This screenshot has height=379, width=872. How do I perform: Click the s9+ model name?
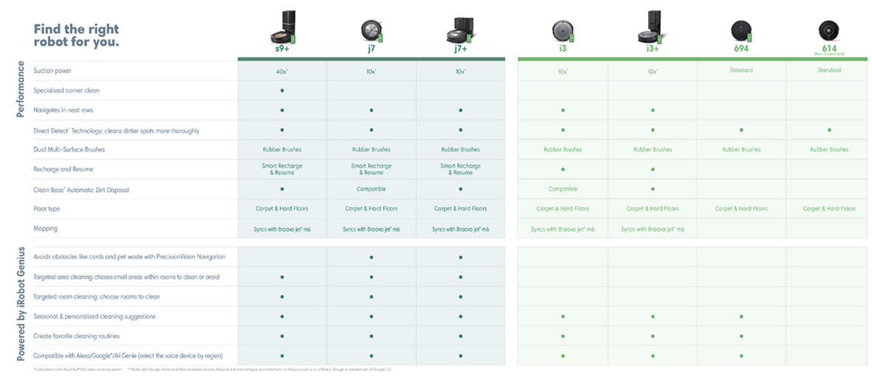coord(282,49)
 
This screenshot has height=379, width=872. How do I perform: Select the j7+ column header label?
coord(460,49)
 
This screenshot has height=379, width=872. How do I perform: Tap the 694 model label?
coord(740,48)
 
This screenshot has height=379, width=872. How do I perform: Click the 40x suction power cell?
coord(282,71)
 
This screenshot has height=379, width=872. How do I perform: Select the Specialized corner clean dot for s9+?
coord(282,90)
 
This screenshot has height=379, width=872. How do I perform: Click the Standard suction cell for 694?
coord(740,71)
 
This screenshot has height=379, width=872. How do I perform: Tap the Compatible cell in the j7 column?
coord(371,189)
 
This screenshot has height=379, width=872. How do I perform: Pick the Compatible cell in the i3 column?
coord(563,189)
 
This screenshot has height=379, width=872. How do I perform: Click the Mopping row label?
coord(46,229)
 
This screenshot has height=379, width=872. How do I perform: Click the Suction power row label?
coord(53,71)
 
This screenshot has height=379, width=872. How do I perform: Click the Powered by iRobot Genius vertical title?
coord(21,303)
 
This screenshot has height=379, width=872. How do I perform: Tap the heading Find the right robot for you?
coord(76,35)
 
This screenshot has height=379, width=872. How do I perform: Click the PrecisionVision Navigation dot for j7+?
coord(460,257)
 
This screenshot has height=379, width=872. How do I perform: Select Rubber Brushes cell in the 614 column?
coord(829,149)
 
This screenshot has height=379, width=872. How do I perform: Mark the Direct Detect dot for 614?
coord(829,130)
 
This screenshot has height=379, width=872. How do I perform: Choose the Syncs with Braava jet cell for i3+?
coord(653,229)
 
